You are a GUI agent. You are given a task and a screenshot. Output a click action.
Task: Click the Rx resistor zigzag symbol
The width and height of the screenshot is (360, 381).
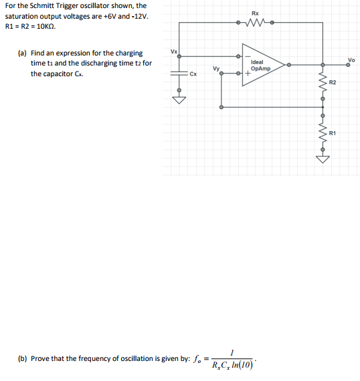click(256, 23)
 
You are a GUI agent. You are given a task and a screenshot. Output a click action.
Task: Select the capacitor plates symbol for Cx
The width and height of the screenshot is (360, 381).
click(179, 73)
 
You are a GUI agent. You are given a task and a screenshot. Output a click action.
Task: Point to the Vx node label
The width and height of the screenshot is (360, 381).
click(174, 51)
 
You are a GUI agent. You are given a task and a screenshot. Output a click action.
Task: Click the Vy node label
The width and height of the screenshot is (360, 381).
click(215, 68)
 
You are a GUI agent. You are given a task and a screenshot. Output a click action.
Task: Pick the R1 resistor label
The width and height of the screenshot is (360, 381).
click(333, 133)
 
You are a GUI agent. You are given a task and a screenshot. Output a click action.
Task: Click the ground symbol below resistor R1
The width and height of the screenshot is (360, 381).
click(323, 159)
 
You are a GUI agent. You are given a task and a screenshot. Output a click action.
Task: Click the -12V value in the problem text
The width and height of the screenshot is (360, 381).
click(139, 16)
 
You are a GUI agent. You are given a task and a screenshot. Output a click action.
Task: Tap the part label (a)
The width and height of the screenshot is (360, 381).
click(23, 52)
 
